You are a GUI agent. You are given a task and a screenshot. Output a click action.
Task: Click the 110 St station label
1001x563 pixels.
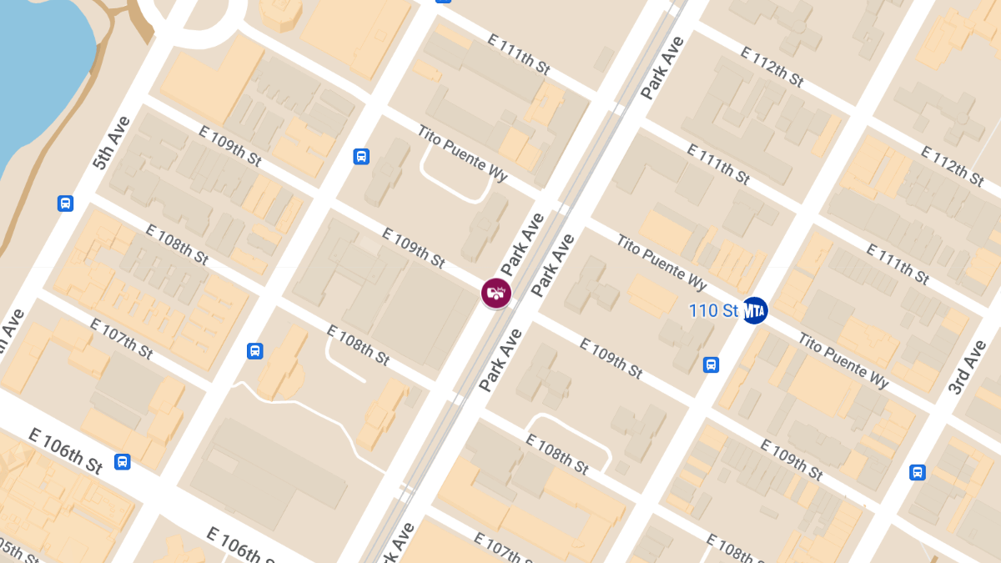[x=714, y=311]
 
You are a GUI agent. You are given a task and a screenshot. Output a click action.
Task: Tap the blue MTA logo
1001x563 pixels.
[x=755, y=310]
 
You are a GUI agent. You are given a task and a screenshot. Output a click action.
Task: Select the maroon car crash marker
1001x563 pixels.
[x=496, y=293]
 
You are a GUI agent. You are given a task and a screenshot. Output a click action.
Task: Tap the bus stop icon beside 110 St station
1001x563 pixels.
[x=712, y=364]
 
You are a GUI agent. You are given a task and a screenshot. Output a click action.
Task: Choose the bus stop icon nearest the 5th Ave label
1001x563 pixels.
[x=65, y=204]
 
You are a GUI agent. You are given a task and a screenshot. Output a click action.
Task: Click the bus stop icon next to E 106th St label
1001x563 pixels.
[x=123, y=461]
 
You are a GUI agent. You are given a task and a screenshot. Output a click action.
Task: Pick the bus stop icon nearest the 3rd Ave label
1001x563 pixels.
[x=918, y=472]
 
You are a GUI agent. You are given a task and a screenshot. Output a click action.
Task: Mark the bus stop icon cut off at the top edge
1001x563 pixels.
[x=444, y=2]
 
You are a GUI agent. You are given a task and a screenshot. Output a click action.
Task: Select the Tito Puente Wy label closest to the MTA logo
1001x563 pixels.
[x=843, y=359]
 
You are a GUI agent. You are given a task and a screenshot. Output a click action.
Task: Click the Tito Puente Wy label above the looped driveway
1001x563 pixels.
[x=462, y=154]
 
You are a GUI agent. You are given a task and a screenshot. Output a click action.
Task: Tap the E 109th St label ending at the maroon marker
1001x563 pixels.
[x=413, y=248]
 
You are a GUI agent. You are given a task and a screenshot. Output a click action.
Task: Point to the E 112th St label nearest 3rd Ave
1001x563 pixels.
[x=953, y=165]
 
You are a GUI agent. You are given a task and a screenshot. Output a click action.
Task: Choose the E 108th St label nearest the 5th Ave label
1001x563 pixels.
[x=177, y=244]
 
